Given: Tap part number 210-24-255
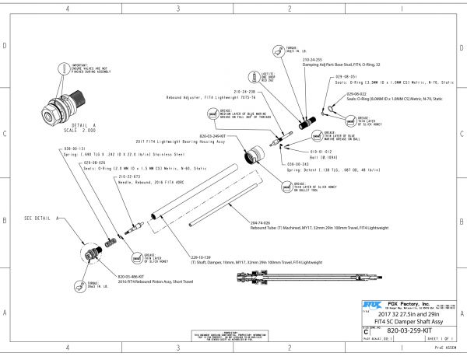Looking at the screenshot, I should tap(313, 59).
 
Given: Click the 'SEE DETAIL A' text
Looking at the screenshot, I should tap(39, 218).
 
